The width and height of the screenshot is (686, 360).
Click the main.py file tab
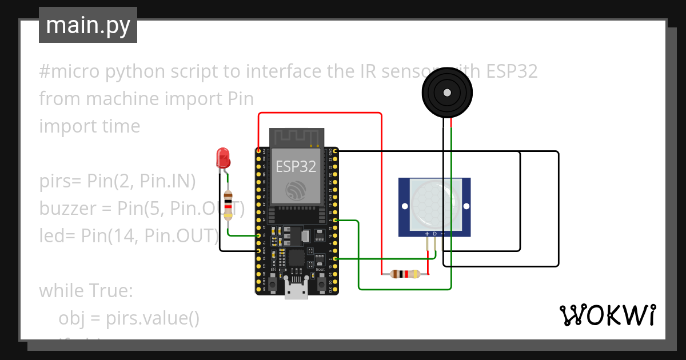pyautogui.click(x=87, y=25)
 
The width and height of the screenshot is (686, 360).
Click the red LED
pyautogui.click(x=222, y=157)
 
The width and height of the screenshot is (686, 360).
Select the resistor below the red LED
pyautogui.click(x=229, y=204)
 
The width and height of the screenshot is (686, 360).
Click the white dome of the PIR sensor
pyautogui.click(x=434, y=204)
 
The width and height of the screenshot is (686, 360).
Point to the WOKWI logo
pyautogui.click(x=607, y=315)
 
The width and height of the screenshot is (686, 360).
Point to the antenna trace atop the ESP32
pyautogui.click(x=296, y=137)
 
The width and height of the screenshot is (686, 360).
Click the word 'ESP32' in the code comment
pyautogui.click(x=512, y=71)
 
